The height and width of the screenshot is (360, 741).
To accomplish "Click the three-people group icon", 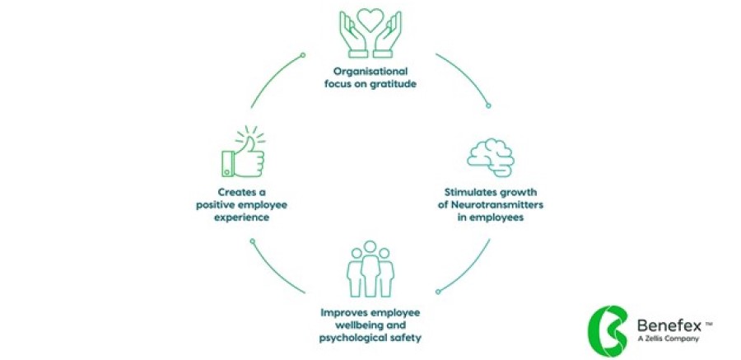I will point(370,270).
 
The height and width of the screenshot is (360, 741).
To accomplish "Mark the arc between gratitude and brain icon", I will point(467,76).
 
